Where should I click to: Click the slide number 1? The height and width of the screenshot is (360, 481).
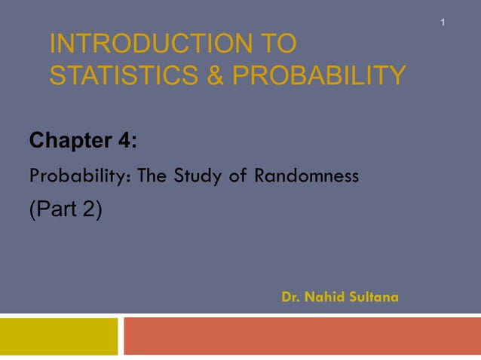point(443,23)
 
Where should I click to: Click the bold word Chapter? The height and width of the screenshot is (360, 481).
point(69,141)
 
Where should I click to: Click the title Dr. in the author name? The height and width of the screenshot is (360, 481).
point(291,297)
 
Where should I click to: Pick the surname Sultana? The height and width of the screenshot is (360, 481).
point(373,297)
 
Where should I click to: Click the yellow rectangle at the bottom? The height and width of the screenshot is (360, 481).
point(59,336)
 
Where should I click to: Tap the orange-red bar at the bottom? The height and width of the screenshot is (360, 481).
point(302,336)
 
